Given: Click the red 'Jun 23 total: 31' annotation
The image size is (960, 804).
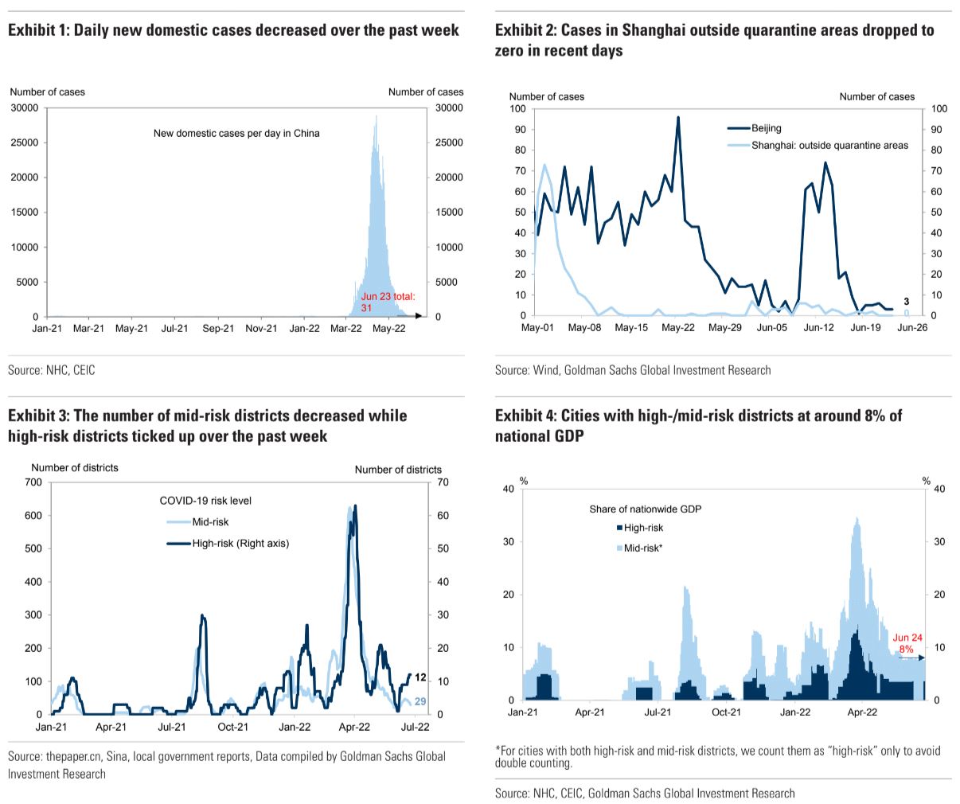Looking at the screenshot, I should (x=388, y=301).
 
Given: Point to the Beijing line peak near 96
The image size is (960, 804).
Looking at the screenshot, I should (x=678, y=118).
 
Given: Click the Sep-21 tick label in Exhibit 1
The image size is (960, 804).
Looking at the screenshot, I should (x=217, y=328).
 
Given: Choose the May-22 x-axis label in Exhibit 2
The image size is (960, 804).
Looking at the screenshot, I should (x=678, y=327).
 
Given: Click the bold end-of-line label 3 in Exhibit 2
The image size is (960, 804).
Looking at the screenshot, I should (x=907, y=302).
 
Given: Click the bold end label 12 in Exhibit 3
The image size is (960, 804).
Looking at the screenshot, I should (x=421, y=677).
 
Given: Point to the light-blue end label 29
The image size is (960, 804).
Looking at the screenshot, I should (x=421, y=701).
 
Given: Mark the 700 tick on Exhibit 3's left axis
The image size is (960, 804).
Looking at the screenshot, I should (x=33, y=482).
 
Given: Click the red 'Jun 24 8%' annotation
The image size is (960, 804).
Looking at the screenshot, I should (x=907, y=644).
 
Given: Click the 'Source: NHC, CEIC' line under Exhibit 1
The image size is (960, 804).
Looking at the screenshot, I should (x=52, y=370).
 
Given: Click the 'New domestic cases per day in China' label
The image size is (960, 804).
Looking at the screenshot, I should (x=236, y=133).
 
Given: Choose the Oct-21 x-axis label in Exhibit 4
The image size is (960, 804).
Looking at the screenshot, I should (x=726, y=712).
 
